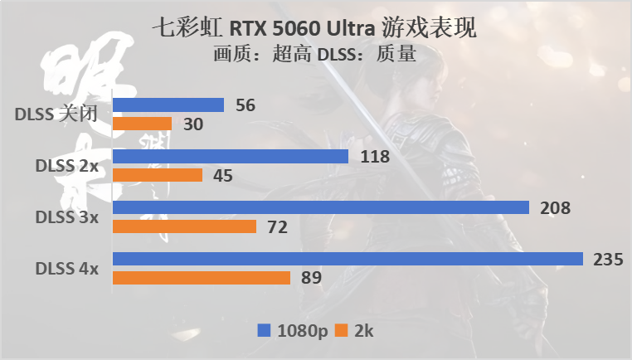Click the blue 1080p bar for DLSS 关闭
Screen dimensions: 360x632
[168, 105]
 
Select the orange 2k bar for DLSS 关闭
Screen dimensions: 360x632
[142, 124]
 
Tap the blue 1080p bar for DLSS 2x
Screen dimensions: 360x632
[231, 156]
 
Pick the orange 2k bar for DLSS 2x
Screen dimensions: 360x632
[158, 175]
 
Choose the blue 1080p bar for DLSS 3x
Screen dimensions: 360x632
[321, 207]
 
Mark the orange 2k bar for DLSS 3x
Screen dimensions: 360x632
[184, 226]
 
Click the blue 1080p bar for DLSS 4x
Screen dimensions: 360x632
[348, 259]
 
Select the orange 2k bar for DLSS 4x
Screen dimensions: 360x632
[202, 278]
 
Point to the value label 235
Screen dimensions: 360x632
[608, 259]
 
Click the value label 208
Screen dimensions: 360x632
[555, 207]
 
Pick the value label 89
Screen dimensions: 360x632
[311, 278]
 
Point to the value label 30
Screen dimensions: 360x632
[192, 124]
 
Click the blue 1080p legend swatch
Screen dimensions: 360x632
[265, 330]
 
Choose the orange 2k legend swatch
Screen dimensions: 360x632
[340, 330]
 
